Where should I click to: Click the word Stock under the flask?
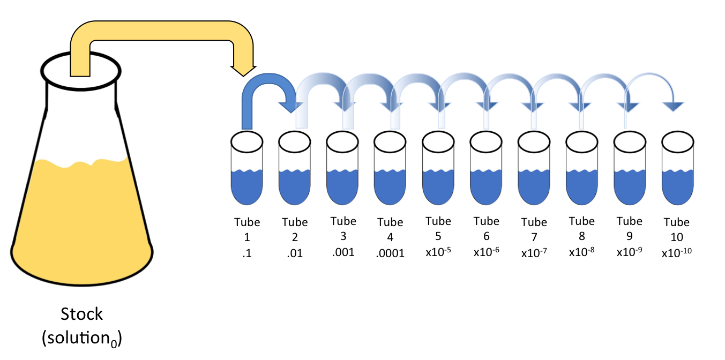pyautogui.click(x=81, y=314)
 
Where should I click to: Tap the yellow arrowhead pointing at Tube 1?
pyautogui.click(x=243, y=71)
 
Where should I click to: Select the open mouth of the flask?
pyautogui.click(x=81, y=71)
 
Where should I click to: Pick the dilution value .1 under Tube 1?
pyautogui.click(x=247, y=253)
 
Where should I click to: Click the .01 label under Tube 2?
pyautogui.click(x=295, y=253)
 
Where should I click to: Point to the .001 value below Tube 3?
pyautogui.click(x=343, y=252)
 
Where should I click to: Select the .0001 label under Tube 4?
pyautogui.click(x=390, y=253)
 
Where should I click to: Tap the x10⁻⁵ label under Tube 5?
pyautogui.click(x=438, y=252)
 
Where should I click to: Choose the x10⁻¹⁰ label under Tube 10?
pyautogui.click(x=676, y=252)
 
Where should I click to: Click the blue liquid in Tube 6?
pyautogui.click(x=486, y=187)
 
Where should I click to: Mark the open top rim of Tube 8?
pyautogui.click(x=581, y=142)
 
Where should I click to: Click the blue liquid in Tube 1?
pyautogui.click(x=247, y=187)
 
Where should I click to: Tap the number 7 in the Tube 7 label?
pyautogui.click(x=534, y=237)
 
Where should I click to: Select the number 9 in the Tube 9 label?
pyautogui.click(x=629, y=236)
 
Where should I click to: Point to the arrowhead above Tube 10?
pyautogui.click(x=673, y=107)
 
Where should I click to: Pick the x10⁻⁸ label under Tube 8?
pyautogui.click(x=581, y=252)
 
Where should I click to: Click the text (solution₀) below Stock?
pyautogui.click(x=81, y=339)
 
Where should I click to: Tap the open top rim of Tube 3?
pyautogui.click(x=342, y=142)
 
